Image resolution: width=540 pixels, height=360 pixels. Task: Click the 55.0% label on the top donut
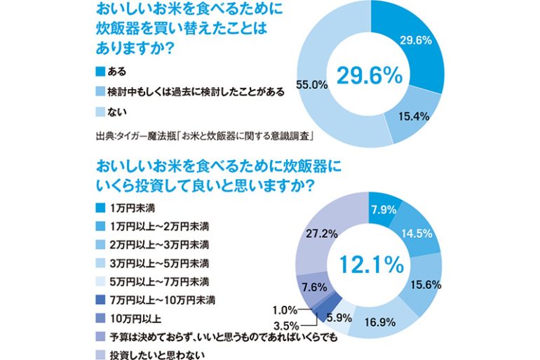[x=313, y=84]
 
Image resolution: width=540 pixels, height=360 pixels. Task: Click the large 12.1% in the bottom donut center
[x=370, y=265]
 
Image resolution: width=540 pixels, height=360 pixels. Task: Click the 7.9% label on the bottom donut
[x=384, y=208]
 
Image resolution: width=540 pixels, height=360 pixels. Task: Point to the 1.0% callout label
[x=283, y=309]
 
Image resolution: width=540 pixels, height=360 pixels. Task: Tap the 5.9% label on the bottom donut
[x=341, y=316]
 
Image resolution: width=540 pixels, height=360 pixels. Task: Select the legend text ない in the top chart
[x=115, y=111]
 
